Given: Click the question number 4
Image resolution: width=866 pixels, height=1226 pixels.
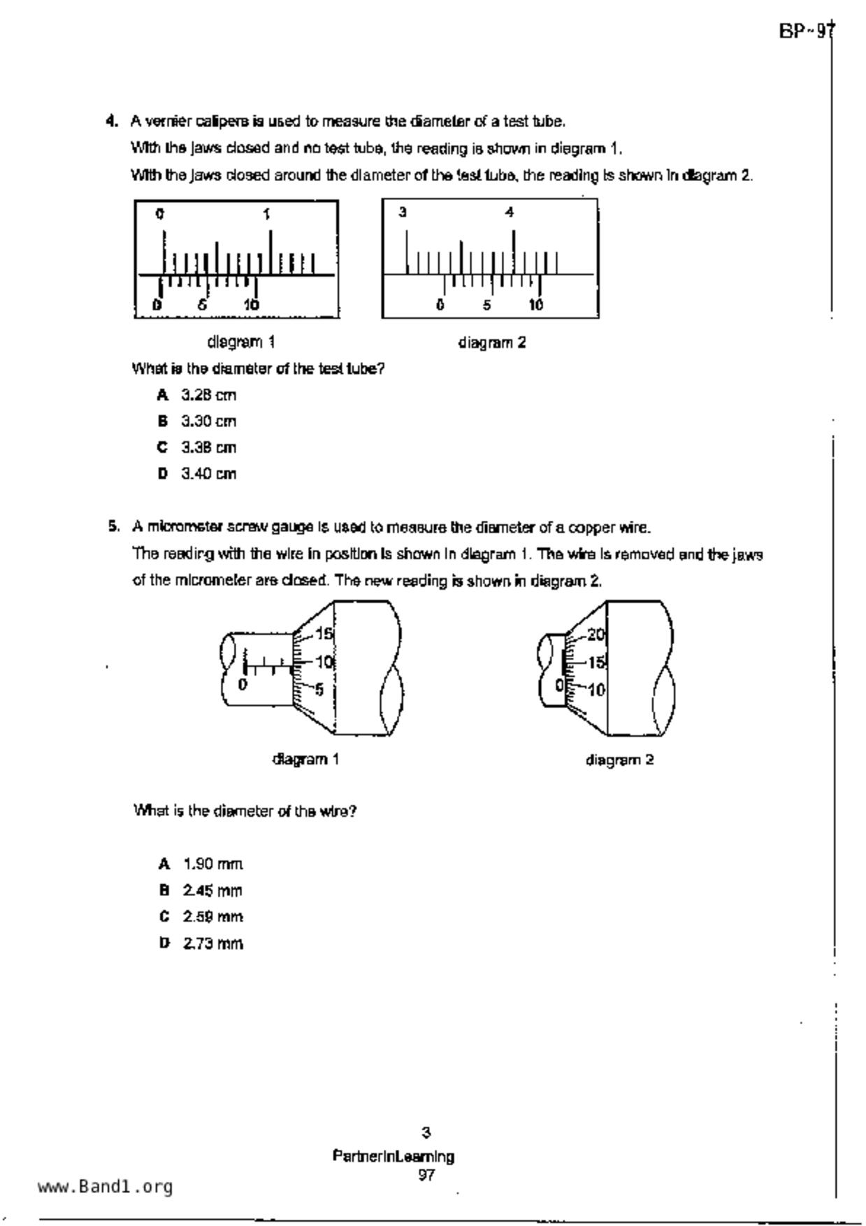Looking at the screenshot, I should click(x=111, y=122).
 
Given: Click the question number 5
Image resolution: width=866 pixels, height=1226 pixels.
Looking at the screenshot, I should click(x=113, y=526).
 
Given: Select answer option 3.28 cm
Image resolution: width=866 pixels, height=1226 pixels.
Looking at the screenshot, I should click(x=208, y=395).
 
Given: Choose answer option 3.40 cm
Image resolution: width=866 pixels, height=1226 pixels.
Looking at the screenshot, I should click(x=208, y=474).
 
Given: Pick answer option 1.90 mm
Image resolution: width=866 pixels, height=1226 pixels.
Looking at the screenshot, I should click(x=212, y=864).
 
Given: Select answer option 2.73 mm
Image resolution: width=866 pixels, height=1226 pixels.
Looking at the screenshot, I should click(x=212, y=943).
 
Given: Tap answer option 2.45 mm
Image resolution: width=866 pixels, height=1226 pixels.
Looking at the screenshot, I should click(x=212, y=890).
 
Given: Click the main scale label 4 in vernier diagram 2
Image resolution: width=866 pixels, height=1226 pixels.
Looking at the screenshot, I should click(x=510, y=212).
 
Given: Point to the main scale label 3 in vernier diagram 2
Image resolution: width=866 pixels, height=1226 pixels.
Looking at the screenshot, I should click(x=403, y=212).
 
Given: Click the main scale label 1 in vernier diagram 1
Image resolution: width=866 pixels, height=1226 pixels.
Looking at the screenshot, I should click(x=267, y=214).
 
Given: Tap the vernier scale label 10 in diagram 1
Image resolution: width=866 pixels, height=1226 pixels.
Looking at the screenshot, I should click(x=251, y=305).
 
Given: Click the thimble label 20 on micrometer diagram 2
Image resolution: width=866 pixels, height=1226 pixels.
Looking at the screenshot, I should click(x=596, y=635).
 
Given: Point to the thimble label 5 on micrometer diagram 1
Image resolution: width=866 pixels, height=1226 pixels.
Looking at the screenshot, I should click(x=319, y=690).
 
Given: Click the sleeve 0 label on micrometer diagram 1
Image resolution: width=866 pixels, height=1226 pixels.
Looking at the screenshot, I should click(x=243, y=684).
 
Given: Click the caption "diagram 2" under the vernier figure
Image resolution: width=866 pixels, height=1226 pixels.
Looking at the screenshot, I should click(x=491, y=342).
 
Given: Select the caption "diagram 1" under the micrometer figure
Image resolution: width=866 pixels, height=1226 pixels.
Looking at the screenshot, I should click(x=305, y=759).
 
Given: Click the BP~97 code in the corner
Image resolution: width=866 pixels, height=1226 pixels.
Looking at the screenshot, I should click(x=806, y=31).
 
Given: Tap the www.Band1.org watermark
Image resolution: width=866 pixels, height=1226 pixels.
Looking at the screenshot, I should click(x=105, y=1186).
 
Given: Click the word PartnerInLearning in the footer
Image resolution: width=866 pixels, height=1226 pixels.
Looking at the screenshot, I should click(x=394, y=1156).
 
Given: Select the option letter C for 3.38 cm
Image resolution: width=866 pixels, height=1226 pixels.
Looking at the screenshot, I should click(x=163, y=447).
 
